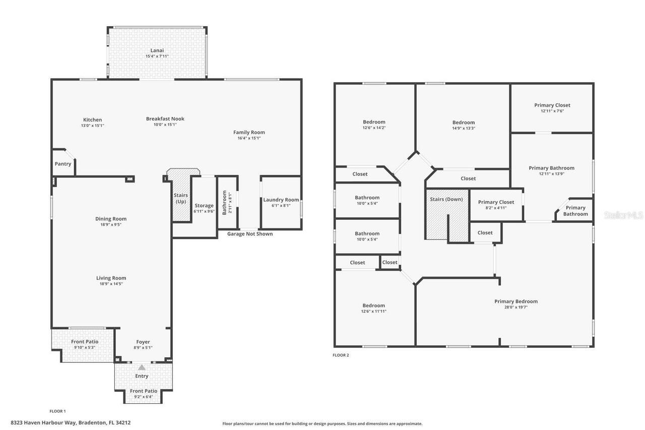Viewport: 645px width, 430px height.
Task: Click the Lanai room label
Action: click(x=157, y=50)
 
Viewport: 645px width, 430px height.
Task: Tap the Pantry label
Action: click(x=63, y=164)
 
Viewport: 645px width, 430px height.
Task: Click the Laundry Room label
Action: click(x=281, y=200)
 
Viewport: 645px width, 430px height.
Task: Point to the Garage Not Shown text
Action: click(x=250, y=234)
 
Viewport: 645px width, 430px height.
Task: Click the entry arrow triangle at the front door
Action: click(x=142, y=367)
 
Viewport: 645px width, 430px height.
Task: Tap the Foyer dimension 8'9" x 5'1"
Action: click(x=143, y=348)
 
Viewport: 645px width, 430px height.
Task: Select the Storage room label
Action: click(x=204, y=206)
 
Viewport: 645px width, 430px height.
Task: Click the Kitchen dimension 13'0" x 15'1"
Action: click(x=92, y=126)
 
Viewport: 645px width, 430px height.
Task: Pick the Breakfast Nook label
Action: click(x=165, y=119)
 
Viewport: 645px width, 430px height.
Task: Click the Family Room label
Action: click(x=249, y=133)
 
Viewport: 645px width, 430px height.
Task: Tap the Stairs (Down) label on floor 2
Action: click(x=446, y=199)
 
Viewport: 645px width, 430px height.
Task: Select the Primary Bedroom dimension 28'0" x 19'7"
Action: click(x=515, y=307)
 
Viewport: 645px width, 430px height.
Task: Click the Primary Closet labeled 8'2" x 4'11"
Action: click(x=496, y=202)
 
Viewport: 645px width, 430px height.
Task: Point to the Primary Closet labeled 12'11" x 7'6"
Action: click(x=552, y=105)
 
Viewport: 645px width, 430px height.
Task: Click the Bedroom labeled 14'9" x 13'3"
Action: click(x=463, y=122)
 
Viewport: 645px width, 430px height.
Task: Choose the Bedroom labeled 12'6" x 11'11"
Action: click(x=373, y=305)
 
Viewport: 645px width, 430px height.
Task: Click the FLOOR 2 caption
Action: click(x=341, y=355)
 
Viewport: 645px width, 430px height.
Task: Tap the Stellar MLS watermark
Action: click(x=623, y=215)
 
